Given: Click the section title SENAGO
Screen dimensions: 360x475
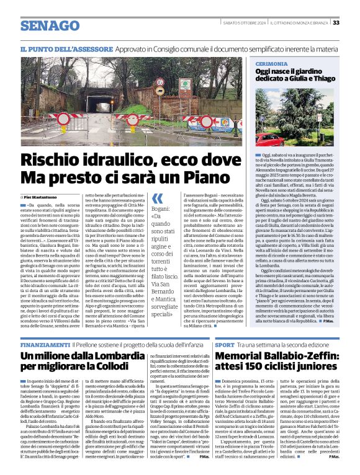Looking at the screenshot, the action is coord(46,25).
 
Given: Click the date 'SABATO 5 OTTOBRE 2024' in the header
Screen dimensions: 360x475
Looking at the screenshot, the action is coord(243,23).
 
